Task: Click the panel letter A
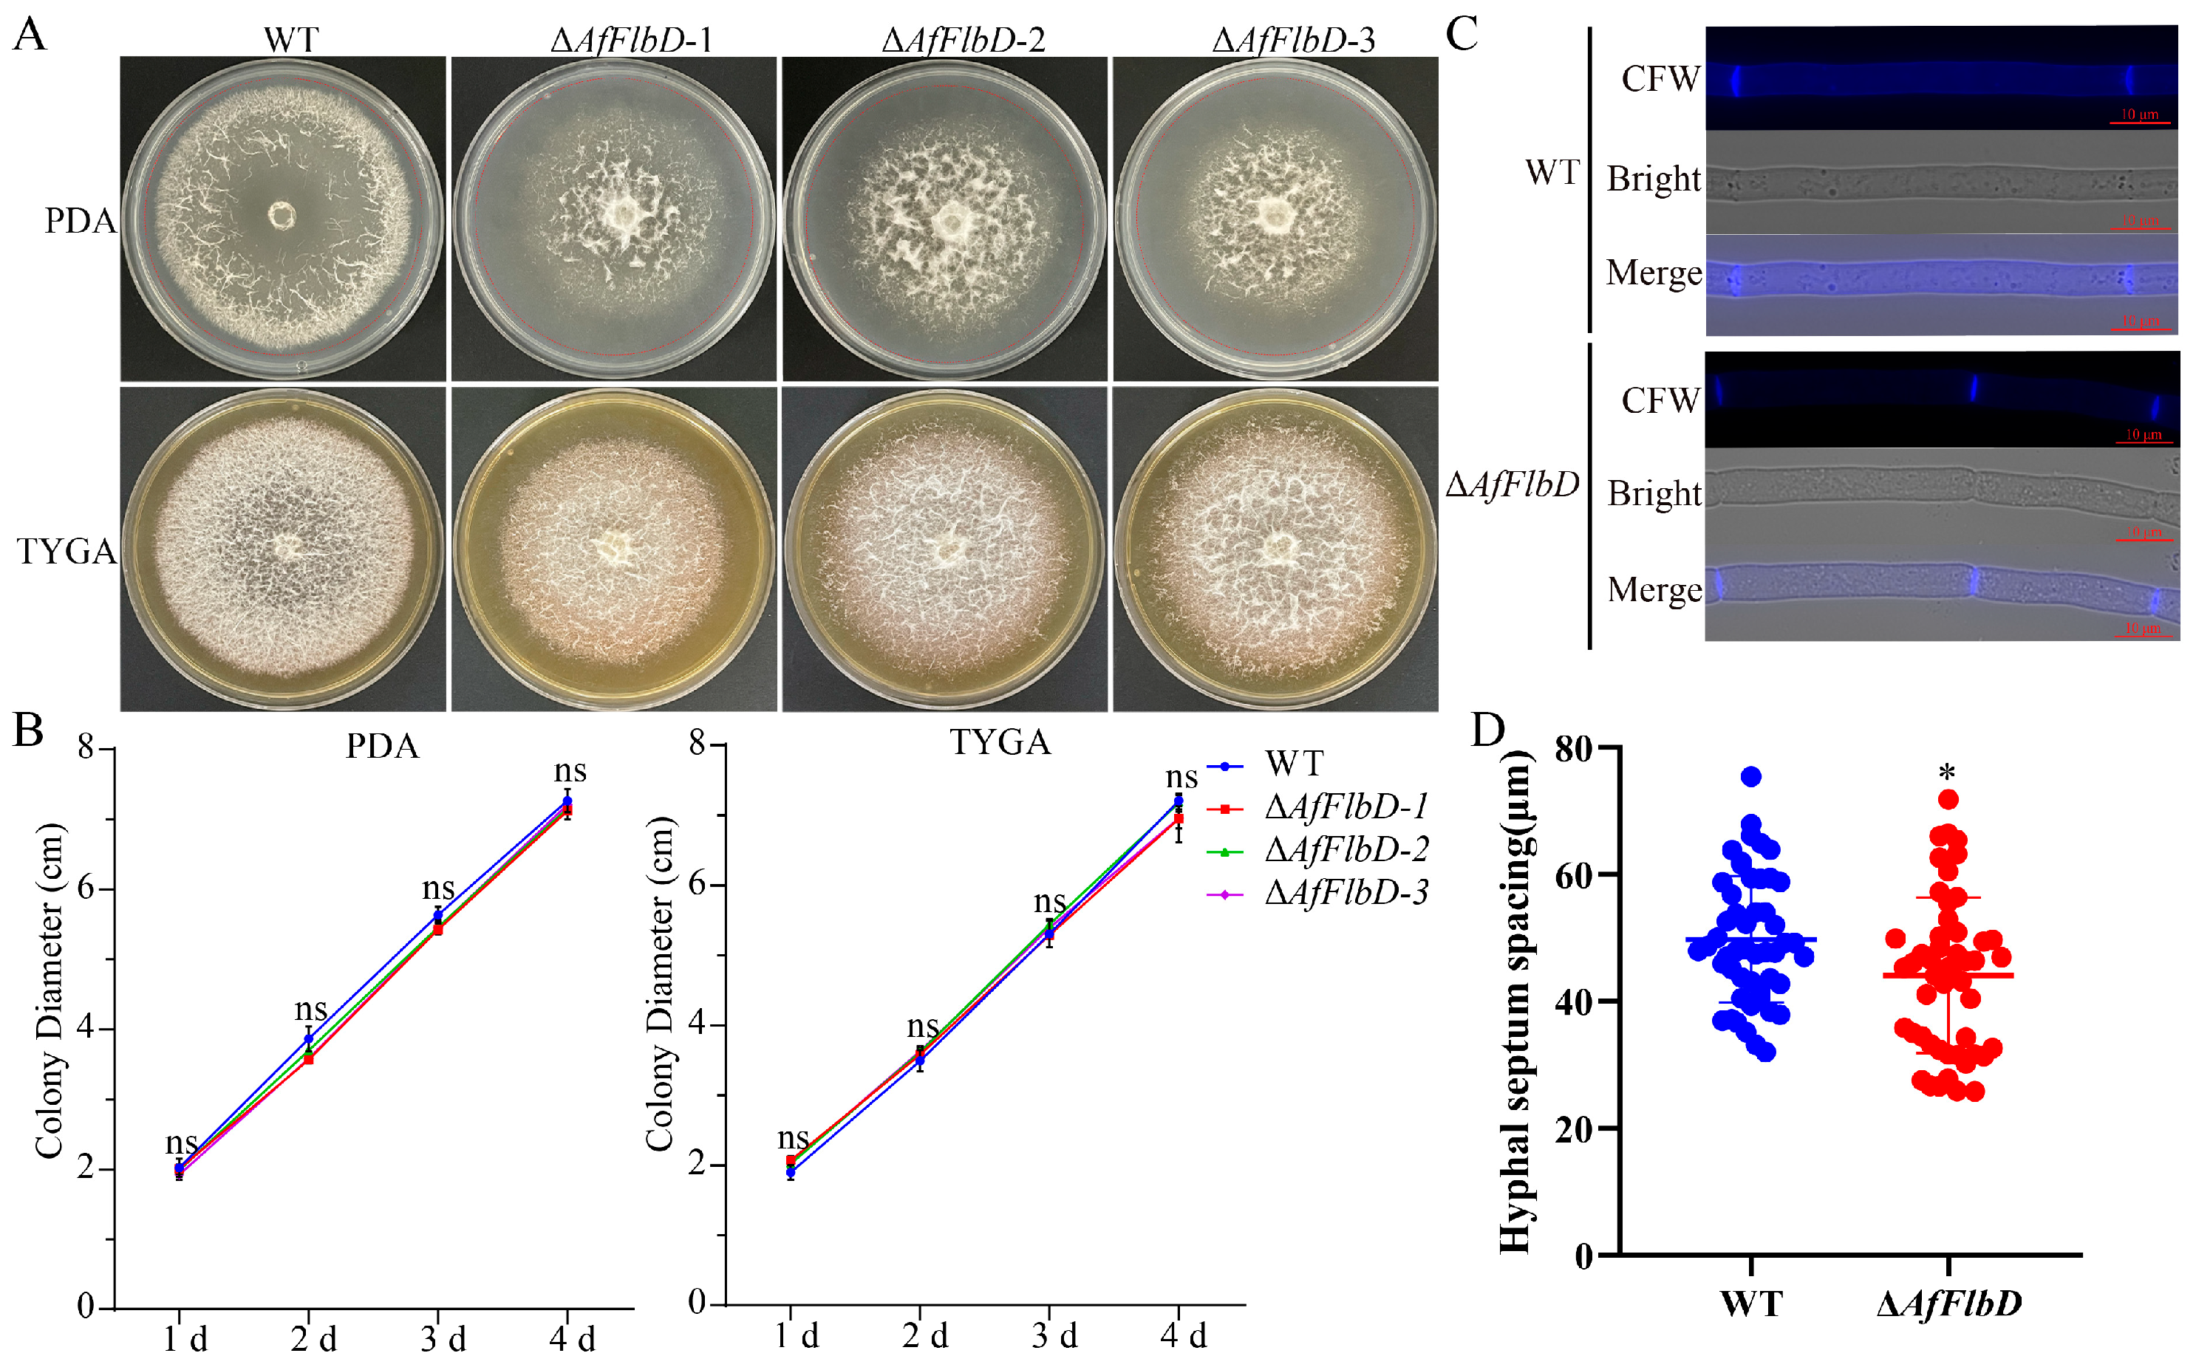(x=29, y=36)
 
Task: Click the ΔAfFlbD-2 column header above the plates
(x=963, y=40)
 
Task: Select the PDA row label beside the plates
(x=80, y=221)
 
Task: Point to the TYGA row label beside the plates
(x=67, y=551)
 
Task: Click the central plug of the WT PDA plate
(x=282, y=216)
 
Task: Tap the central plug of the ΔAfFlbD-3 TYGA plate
(x=1281, y=546)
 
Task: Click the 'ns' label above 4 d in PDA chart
(x=570, y=771)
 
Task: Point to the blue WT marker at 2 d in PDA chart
(x=308, y=1039)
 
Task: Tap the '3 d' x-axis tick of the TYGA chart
(x=1053, y=1335)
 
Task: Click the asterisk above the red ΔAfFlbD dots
(x=1947, y=774)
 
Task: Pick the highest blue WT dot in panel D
(x=1751, y=776)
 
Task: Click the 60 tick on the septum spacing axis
(x=1575, y=875)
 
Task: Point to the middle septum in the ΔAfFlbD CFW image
(x=1972, y=388)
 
